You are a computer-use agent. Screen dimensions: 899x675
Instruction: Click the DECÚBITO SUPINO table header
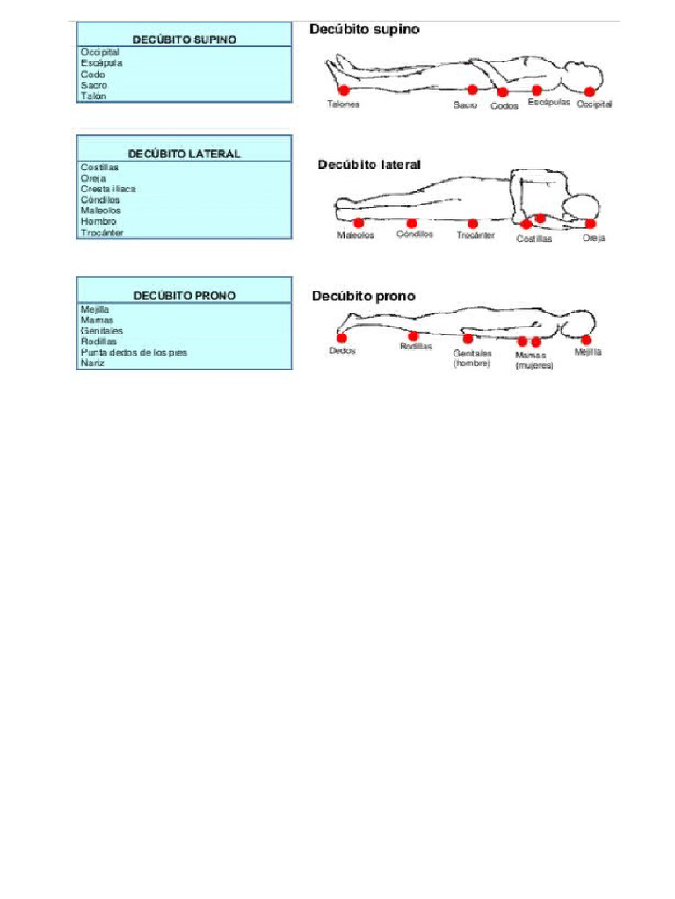(184, 40)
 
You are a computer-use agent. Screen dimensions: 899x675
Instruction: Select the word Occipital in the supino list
(100, 53)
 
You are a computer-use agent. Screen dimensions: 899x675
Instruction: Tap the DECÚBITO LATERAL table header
(184, 154)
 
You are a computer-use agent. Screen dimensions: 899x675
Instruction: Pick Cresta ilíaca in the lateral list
(108, 189)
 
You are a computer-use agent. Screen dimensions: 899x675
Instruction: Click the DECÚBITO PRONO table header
(184, 296)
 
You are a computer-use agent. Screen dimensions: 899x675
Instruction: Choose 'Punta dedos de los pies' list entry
(134, 352)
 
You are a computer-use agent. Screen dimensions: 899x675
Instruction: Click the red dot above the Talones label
(344, 90)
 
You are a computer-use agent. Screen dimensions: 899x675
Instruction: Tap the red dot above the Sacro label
(472, 90)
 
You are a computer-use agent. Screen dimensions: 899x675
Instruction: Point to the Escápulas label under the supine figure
(549, 103)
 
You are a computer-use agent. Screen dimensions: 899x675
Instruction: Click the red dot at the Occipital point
(589, 91)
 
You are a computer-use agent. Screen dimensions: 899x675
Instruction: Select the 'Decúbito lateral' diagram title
(369, 164)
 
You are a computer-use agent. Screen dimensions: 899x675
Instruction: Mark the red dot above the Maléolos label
(358, 223)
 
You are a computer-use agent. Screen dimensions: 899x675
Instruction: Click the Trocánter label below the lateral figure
(475, 235)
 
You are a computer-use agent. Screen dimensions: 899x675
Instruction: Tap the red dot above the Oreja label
(591, 224)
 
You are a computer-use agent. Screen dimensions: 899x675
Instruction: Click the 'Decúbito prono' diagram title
(364, 297)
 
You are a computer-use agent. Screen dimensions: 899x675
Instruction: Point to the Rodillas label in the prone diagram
(416, 347)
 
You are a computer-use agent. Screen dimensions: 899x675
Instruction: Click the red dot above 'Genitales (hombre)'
(468, 339)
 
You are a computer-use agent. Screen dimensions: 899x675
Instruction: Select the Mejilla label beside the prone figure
(588, 351)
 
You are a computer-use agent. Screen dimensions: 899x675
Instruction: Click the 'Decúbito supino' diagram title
(365, 30)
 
